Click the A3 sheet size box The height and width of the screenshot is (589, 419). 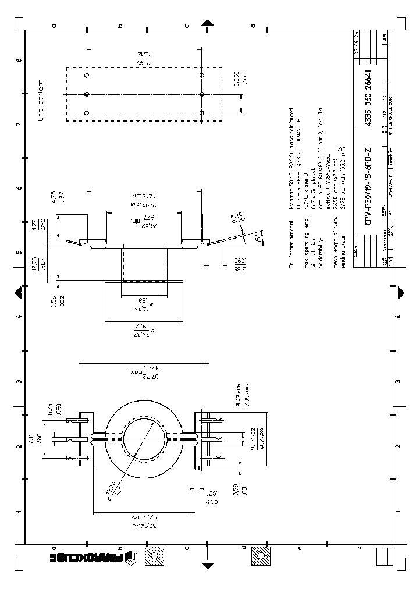[x=385, y=36]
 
